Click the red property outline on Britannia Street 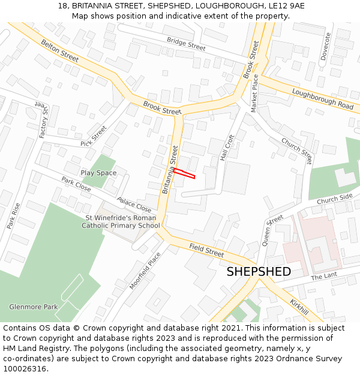point(184,173)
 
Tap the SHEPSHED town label point(259,272)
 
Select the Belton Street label point(59,50)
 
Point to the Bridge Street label point(186,43)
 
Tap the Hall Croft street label point(227,147)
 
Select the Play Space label point(98,173)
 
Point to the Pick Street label point(93,136)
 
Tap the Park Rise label point(13,215)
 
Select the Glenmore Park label point(34,307)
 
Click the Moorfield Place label point(145,271)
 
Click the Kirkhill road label point(299,307)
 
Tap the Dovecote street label point(326,47)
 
